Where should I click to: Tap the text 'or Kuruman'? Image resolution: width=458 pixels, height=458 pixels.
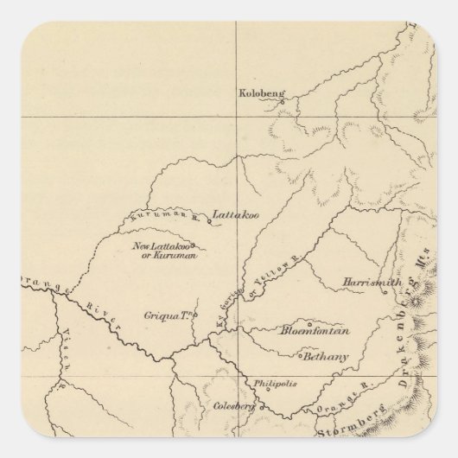click(171, 257)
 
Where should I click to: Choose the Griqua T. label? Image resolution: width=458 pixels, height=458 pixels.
click(169, 317)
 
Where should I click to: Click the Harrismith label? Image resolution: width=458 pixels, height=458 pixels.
click(367, 283)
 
